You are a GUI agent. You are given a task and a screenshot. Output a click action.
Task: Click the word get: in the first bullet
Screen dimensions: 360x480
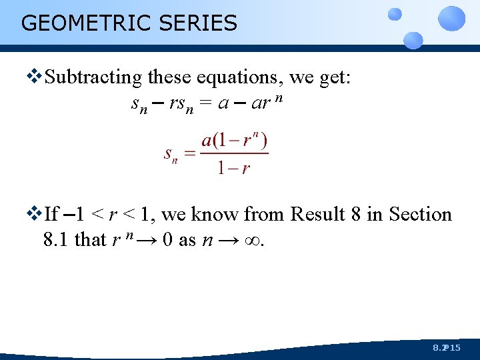pos(333,78)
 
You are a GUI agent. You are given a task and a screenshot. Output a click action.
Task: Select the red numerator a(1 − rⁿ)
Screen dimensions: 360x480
pos(234,141)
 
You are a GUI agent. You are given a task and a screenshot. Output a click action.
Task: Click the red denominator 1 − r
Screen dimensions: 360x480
pos(233,167)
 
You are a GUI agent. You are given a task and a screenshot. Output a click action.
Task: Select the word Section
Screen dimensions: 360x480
pos(421,215)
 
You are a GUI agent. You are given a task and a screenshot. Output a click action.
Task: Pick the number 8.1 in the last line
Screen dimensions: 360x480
pos(56,239)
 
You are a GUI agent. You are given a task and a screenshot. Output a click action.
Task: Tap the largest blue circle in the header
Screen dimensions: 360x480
pos(452,18)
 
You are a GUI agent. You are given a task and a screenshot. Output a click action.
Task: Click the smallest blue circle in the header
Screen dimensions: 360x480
pos(395,14)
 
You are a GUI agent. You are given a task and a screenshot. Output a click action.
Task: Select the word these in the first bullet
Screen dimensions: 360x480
pos(169,78)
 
